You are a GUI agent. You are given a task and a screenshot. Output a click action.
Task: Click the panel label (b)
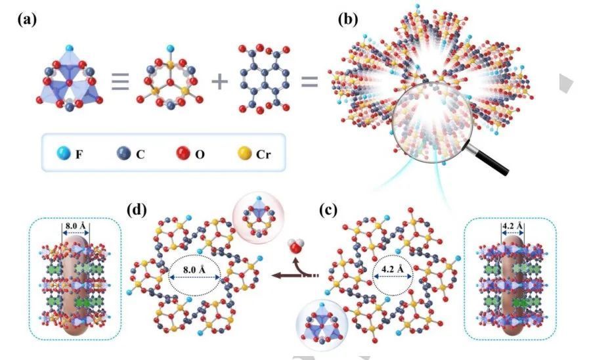[x=349, y=19]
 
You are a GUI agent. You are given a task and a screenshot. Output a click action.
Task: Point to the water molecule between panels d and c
[x=297, y=250]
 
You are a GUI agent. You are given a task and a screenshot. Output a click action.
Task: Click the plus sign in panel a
[x=217, y=82]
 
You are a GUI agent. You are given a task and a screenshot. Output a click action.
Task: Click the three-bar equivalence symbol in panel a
[x=119, y=83]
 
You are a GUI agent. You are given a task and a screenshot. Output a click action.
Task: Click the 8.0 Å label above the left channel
[x=76, y=227]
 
